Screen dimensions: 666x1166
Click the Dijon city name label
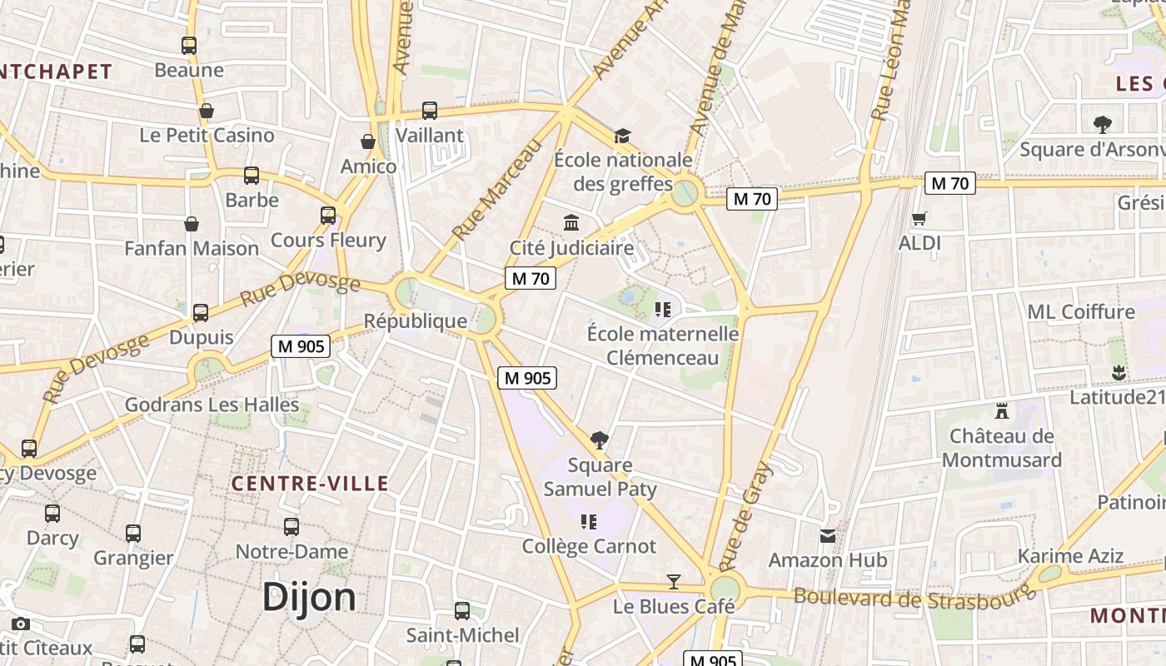tap(309, 597)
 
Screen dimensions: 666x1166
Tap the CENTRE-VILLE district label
tap(310, 484)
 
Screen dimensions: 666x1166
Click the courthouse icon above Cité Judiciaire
tap(571, 222)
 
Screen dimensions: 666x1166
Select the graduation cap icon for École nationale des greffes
tap(622, 136)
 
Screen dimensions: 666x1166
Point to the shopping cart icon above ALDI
tap(919, 218)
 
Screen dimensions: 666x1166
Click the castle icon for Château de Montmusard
tap(1001, 410)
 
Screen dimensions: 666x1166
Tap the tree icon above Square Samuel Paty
tap(599, 440)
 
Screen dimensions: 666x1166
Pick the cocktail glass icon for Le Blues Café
tap(674, 581)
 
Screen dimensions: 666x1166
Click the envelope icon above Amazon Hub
tap(827, 535)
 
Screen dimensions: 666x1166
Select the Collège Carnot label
tap(589, 547)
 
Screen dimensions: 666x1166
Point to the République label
tap(416, 321)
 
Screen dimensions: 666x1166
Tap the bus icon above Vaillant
tap(430, 110)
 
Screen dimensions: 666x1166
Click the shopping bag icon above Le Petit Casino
tap(207, 111)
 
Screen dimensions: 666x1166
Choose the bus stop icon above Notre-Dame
tap(291, 526)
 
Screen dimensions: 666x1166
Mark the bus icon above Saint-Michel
tap(462, 611)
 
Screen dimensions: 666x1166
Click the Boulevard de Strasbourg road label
tap(914, 597)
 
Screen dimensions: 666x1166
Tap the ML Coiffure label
tap(1081, 312)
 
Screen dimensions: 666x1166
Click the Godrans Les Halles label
tap(212, 405)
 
